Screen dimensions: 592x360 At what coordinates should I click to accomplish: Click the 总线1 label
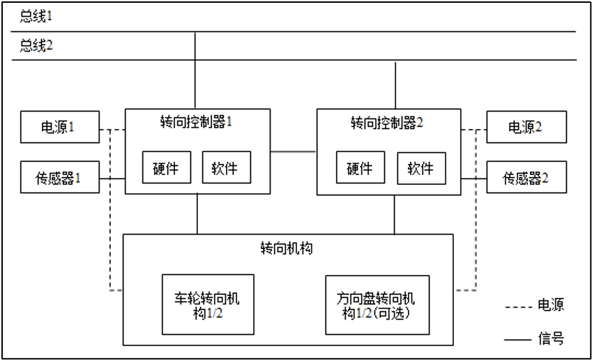pyautogui.click(x=36, y=16)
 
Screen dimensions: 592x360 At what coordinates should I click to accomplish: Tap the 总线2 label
pyautogui.click(x=36, y=45)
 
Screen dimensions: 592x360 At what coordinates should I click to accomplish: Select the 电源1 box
pyautogui.click(x=60, y=127)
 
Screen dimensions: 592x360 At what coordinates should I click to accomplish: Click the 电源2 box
pyautogui.click(x=526, y=127)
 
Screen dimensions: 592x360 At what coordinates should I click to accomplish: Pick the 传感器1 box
pyautogui.click(x=60, y=177)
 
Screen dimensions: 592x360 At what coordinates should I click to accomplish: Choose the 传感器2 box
pyautogui.click(x=526, y=177)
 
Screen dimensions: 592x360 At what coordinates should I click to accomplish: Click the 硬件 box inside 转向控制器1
pyautogui.click(x=167, y=167)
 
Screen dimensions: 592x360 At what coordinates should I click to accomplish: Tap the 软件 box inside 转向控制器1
pyautogui.click(x=227, y=167)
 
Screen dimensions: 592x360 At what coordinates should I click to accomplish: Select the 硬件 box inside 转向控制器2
pyautogui.click(x=360, y=167)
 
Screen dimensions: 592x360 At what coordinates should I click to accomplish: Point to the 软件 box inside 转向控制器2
pyautogui.click(x=421, y=168)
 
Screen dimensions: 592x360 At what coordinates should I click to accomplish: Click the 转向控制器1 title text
pyautogui.click(x=196, y=121)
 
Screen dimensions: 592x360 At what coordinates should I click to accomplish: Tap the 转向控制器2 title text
pyautogui.click(x=386, y=122)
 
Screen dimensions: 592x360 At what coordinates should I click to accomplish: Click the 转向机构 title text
pyautogui.click(x=287, y=248)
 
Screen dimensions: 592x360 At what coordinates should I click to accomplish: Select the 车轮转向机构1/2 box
pyautogui.click(x=208, y=304)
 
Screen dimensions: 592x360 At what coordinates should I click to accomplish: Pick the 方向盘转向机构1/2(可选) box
pyautogui.click(x=377, y=305)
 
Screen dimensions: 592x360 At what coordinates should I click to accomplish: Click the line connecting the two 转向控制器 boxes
pyautogui.click(x=294, y=152)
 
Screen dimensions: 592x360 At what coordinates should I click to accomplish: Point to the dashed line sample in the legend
pyautogui.click(x=518, y=307)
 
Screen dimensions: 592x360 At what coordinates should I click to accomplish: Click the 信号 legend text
pyautogui.click(x=551, y=338)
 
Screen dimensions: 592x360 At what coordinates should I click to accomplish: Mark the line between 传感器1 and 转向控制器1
pyautogui.click(x=112, y=179)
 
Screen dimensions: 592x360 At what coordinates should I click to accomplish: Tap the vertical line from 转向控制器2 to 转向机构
pyautogui.click(x=395, y=215)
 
